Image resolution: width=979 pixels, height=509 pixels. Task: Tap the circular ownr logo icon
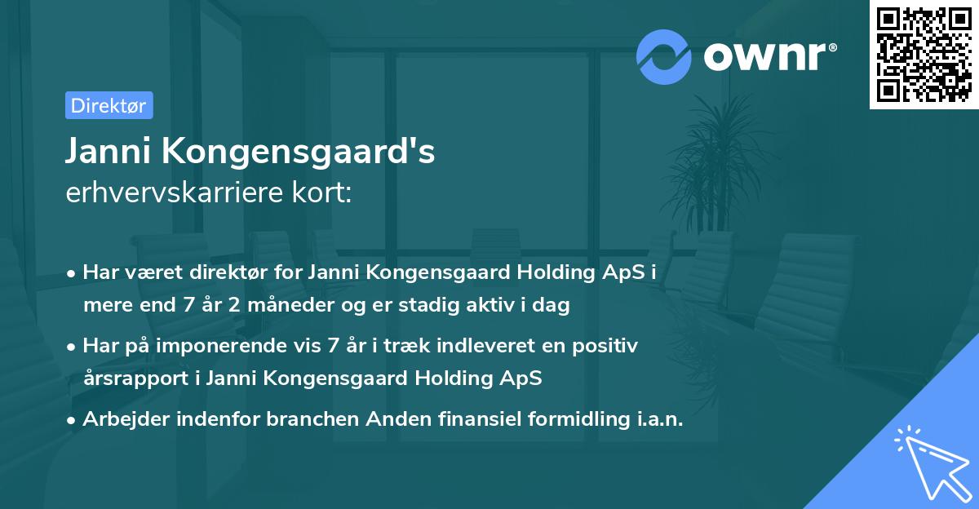click(663, 57)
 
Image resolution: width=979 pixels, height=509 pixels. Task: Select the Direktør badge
click(109, 105)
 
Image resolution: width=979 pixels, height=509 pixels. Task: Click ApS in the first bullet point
click(631, 272)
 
